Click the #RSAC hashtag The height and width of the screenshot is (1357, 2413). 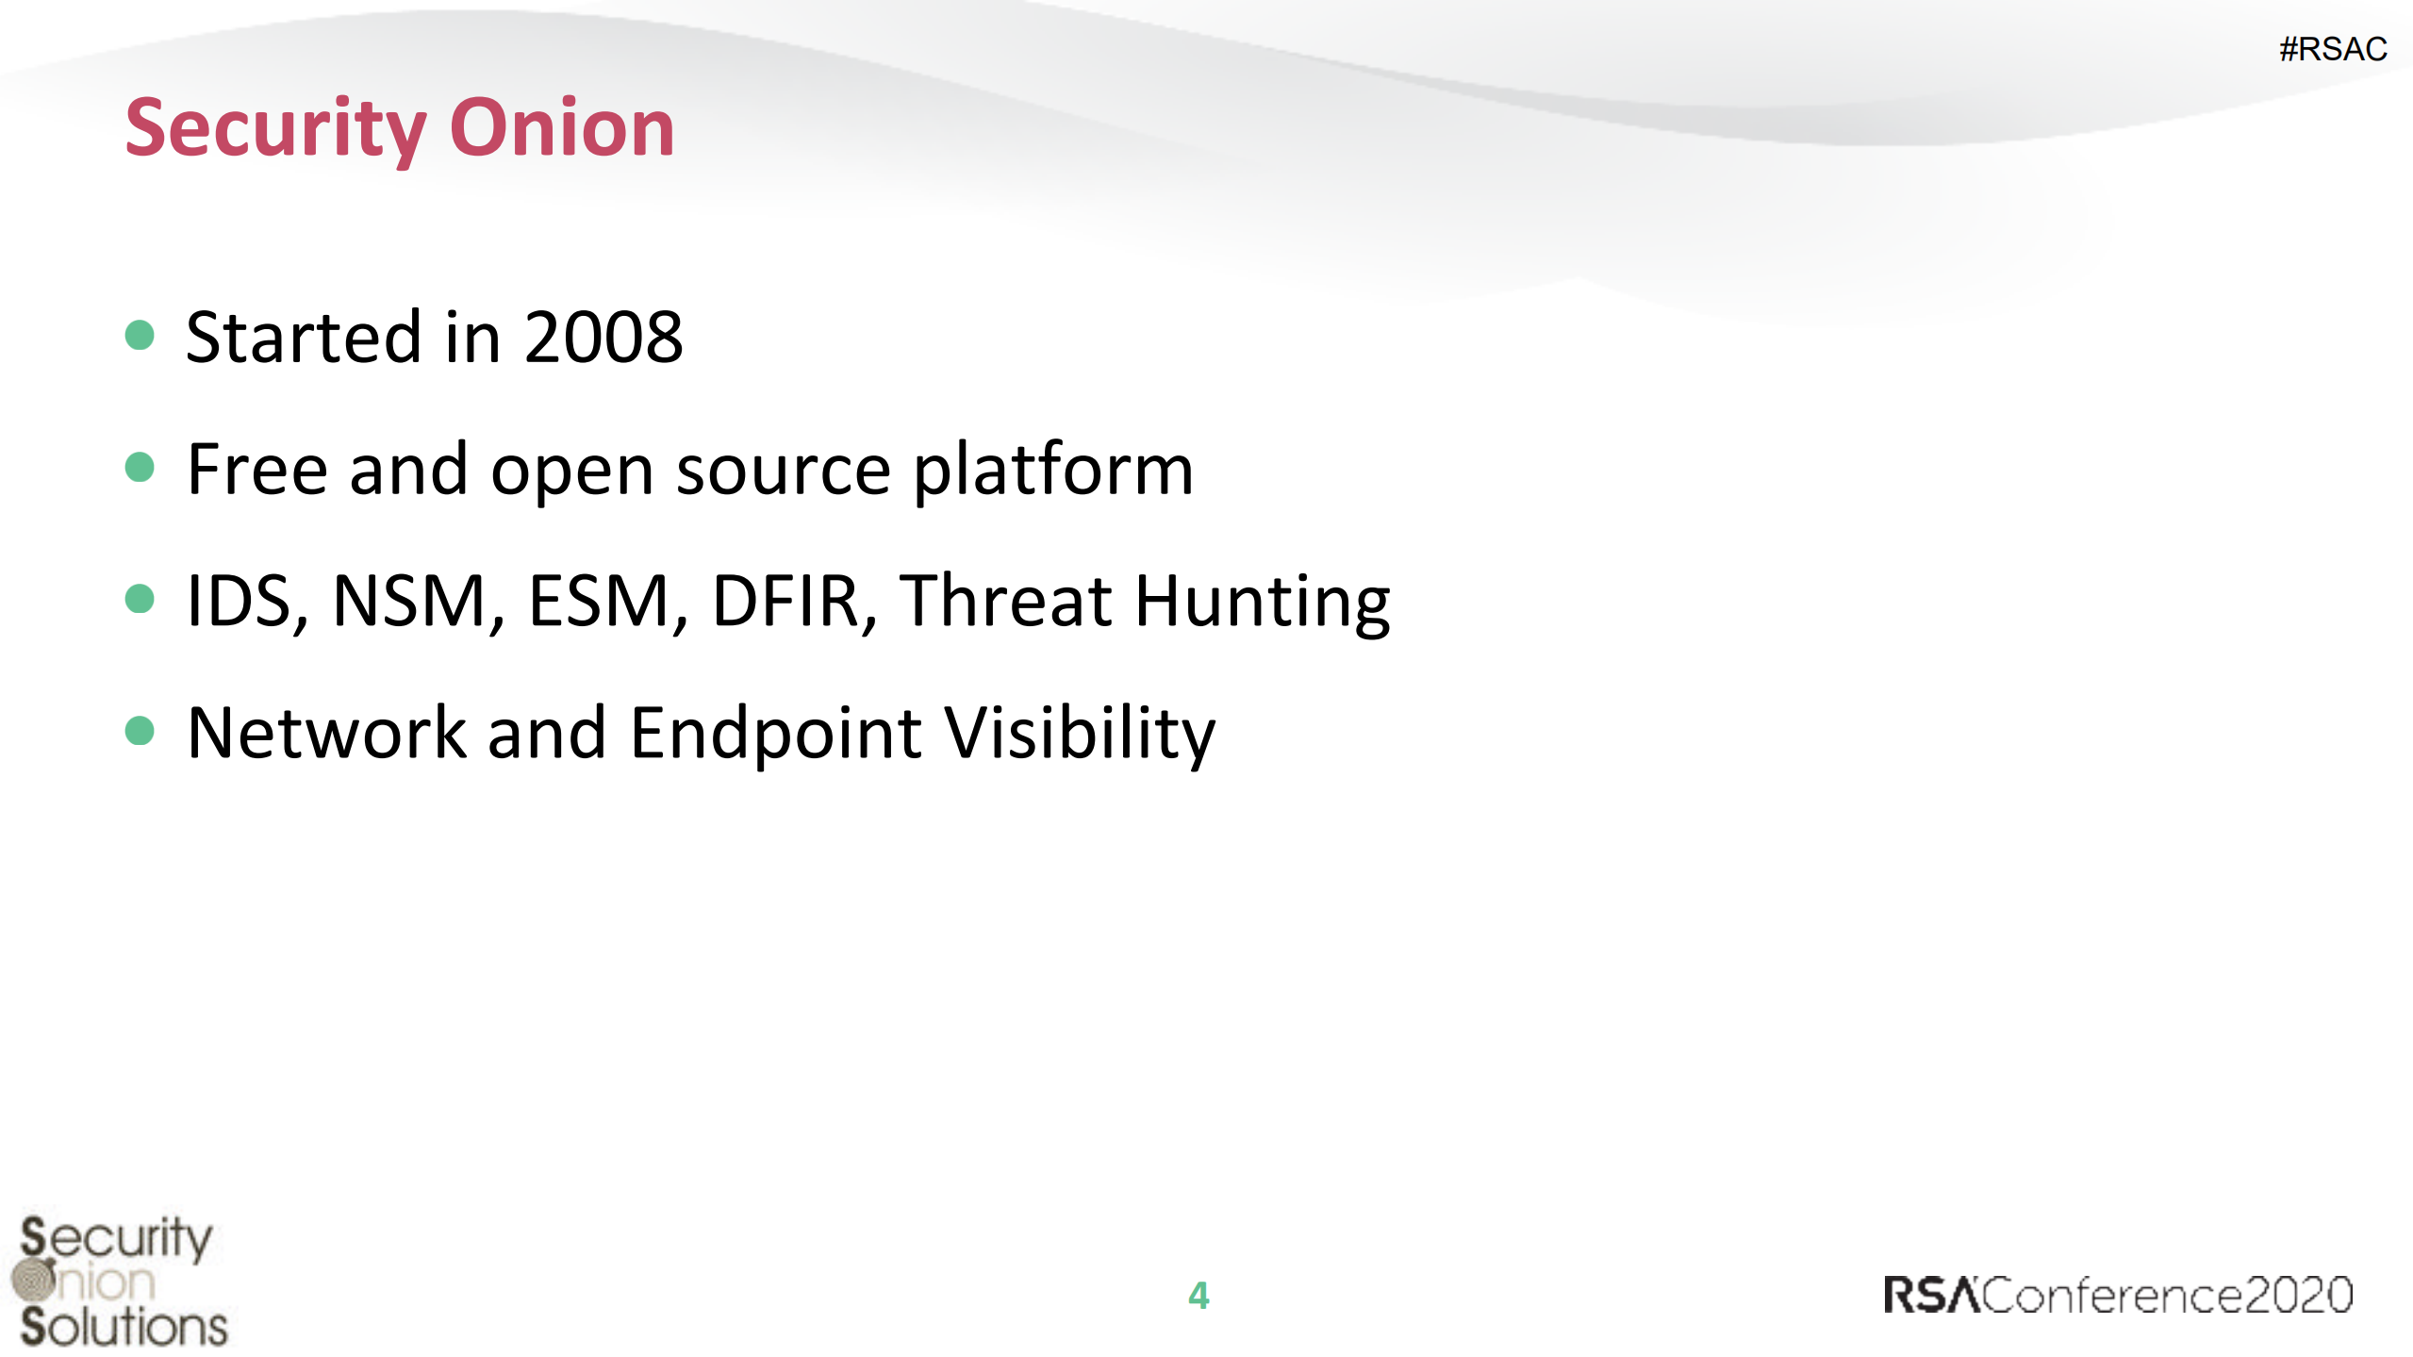click(2333, 49)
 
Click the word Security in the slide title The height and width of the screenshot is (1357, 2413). click(275, 130)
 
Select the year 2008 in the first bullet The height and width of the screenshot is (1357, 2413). click(603, 338)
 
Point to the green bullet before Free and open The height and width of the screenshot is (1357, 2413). click(140, 467)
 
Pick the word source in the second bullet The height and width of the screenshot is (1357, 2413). click(784, 472)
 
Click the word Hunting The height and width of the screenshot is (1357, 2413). click(1263, 604)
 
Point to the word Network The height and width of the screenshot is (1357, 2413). click(326, 733)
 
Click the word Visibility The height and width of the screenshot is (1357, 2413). click(1081, 735)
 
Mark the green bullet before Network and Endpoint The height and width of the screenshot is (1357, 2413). click(140, 731)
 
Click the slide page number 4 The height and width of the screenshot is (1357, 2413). click(1198, 1296)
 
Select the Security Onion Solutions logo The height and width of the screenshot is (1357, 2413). click(120, 1282)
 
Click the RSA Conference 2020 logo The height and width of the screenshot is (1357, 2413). click(2118, 1295)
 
